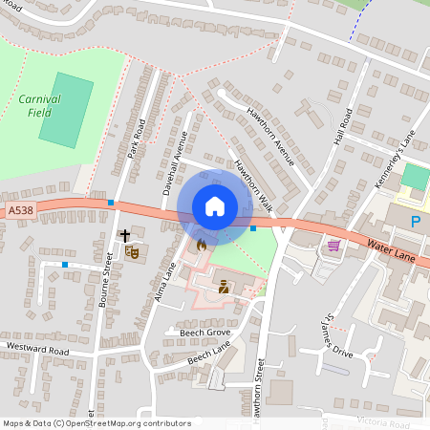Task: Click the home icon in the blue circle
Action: [x=214, y=205]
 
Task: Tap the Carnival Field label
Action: [x=39, y=105]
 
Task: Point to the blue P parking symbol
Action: [x=415, y=222]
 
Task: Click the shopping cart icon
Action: [x=333, y=246]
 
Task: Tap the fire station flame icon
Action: [x=201, y=246]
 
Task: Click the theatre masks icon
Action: [x=133, y=251]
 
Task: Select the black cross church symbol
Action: [x=124, y=234]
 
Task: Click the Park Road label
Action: [x=136, y=139]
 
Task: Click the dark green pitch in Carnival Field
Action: [x=67, y=108]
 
